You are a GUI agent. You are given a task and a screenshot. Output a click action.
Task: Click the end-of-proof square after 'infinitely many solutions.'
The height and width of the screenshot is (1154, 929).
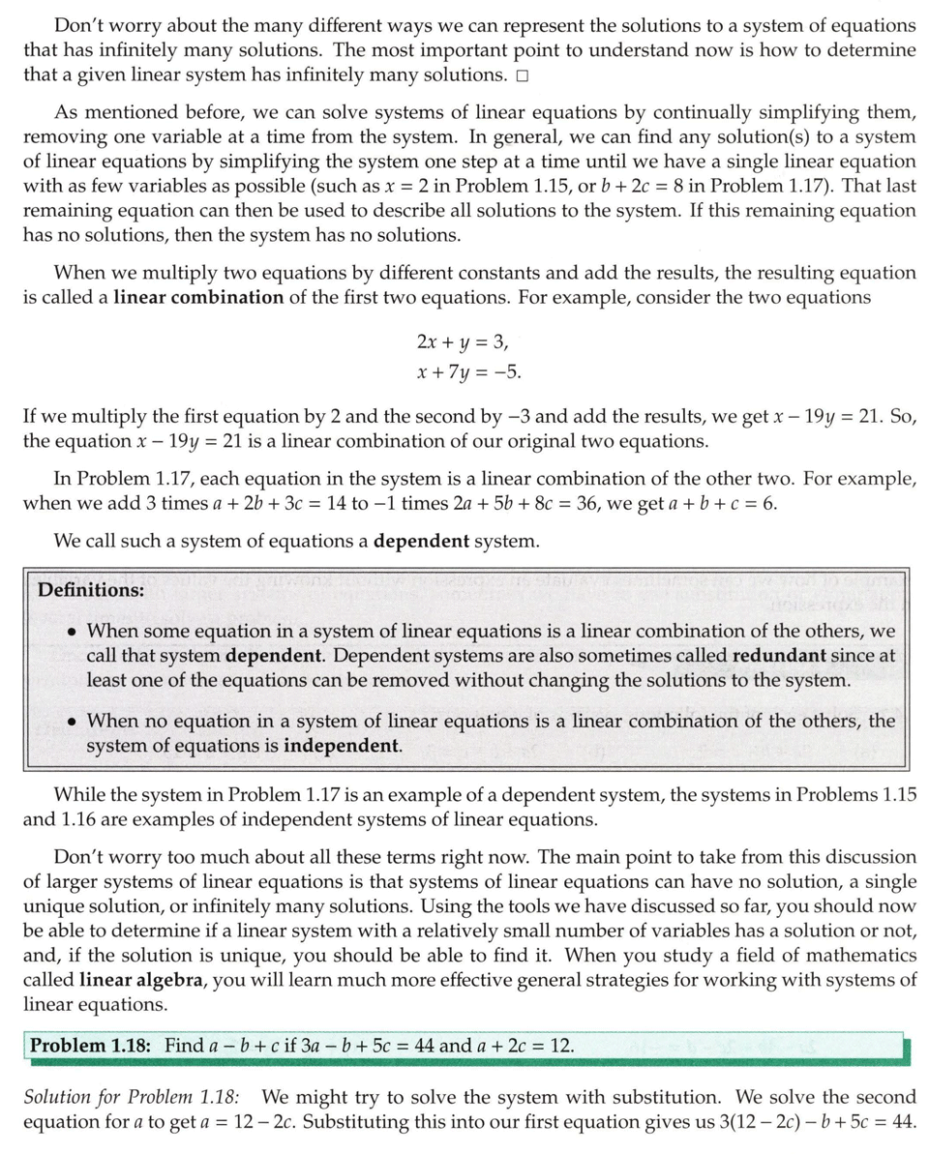[523, 75]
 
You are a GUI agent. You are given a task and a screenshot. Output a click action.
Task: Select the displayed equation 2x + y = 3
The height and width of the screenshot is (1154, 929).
[462, 341]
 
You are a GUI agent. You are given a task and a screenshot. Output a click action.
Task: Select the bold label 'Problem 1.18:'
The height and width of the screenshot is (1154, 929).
[93, 1046]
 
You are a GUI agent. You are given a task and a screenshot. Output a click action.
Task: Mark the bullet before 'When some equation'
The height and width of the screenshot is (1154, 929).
[73, 632]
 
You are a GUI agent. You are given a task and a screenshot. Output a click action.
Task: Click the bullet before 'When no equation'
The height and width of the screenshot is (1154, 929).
[73, 723]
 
